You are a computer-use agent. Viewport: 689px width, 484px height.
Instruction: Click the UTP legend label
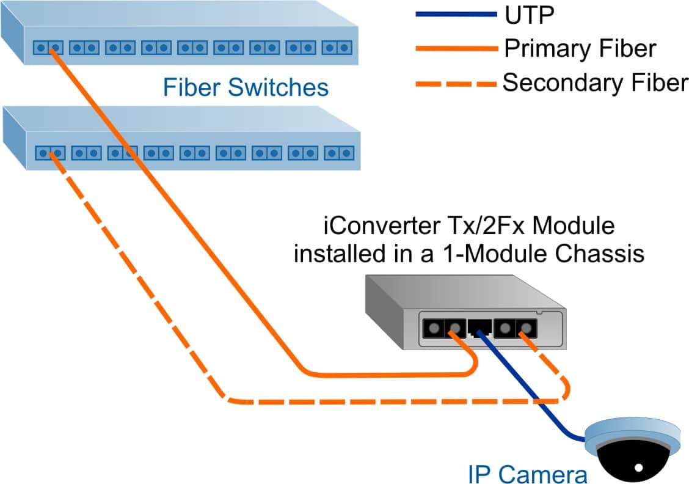(529, 15)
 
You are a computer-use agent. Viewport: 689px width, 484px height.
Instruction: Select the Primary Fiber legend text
(580, 48)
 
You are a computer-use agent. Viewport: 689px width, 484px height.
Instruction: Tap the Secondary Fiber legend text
(595, 82)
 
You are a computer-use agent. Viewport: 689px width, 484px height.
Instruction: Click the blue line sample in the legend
(456, 15)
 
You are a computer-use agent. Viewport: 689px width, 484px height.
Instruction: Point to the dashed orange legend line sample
(456, 83)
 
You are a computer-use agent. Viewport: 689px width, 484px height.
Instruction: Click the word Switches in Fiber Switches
(279, 87)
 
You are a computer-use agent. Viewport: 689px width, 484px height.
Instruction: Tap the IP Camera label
(527, 473)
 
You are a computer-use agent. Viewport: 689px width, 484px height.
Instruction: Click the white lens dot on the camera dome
(639, 469)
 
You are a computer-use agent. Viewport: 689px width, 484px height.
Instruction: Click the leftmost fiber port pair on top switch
(48, 47)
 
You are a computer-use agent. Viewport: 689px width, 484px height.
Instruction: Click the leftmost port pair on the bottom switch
(49, 153)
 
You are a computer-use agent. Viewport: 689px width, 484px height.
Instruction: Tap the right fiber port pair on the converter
(515, 328)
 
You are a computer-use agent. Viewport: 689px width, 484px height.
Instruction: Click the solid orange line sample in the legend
(456, 49)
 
